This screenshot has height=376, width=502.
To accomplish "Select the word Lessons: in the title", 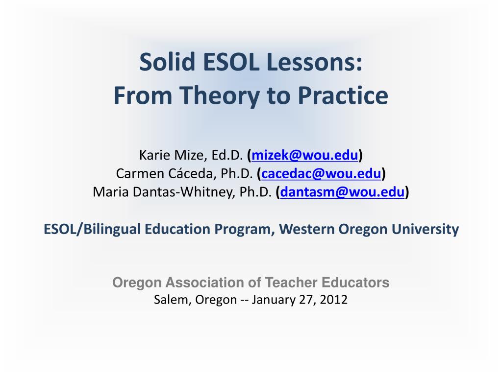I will (316, 63).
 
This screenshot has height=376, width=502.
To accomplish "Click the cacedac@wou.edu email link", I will (322, 174).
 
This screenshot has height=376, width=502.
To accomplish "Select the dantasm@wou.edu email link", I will (343, 192).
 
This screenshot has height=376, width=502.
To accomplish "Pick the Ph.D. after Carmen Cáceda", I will (237, 174).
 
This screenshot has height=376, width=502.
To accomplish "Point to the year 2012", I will (334, 300).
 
